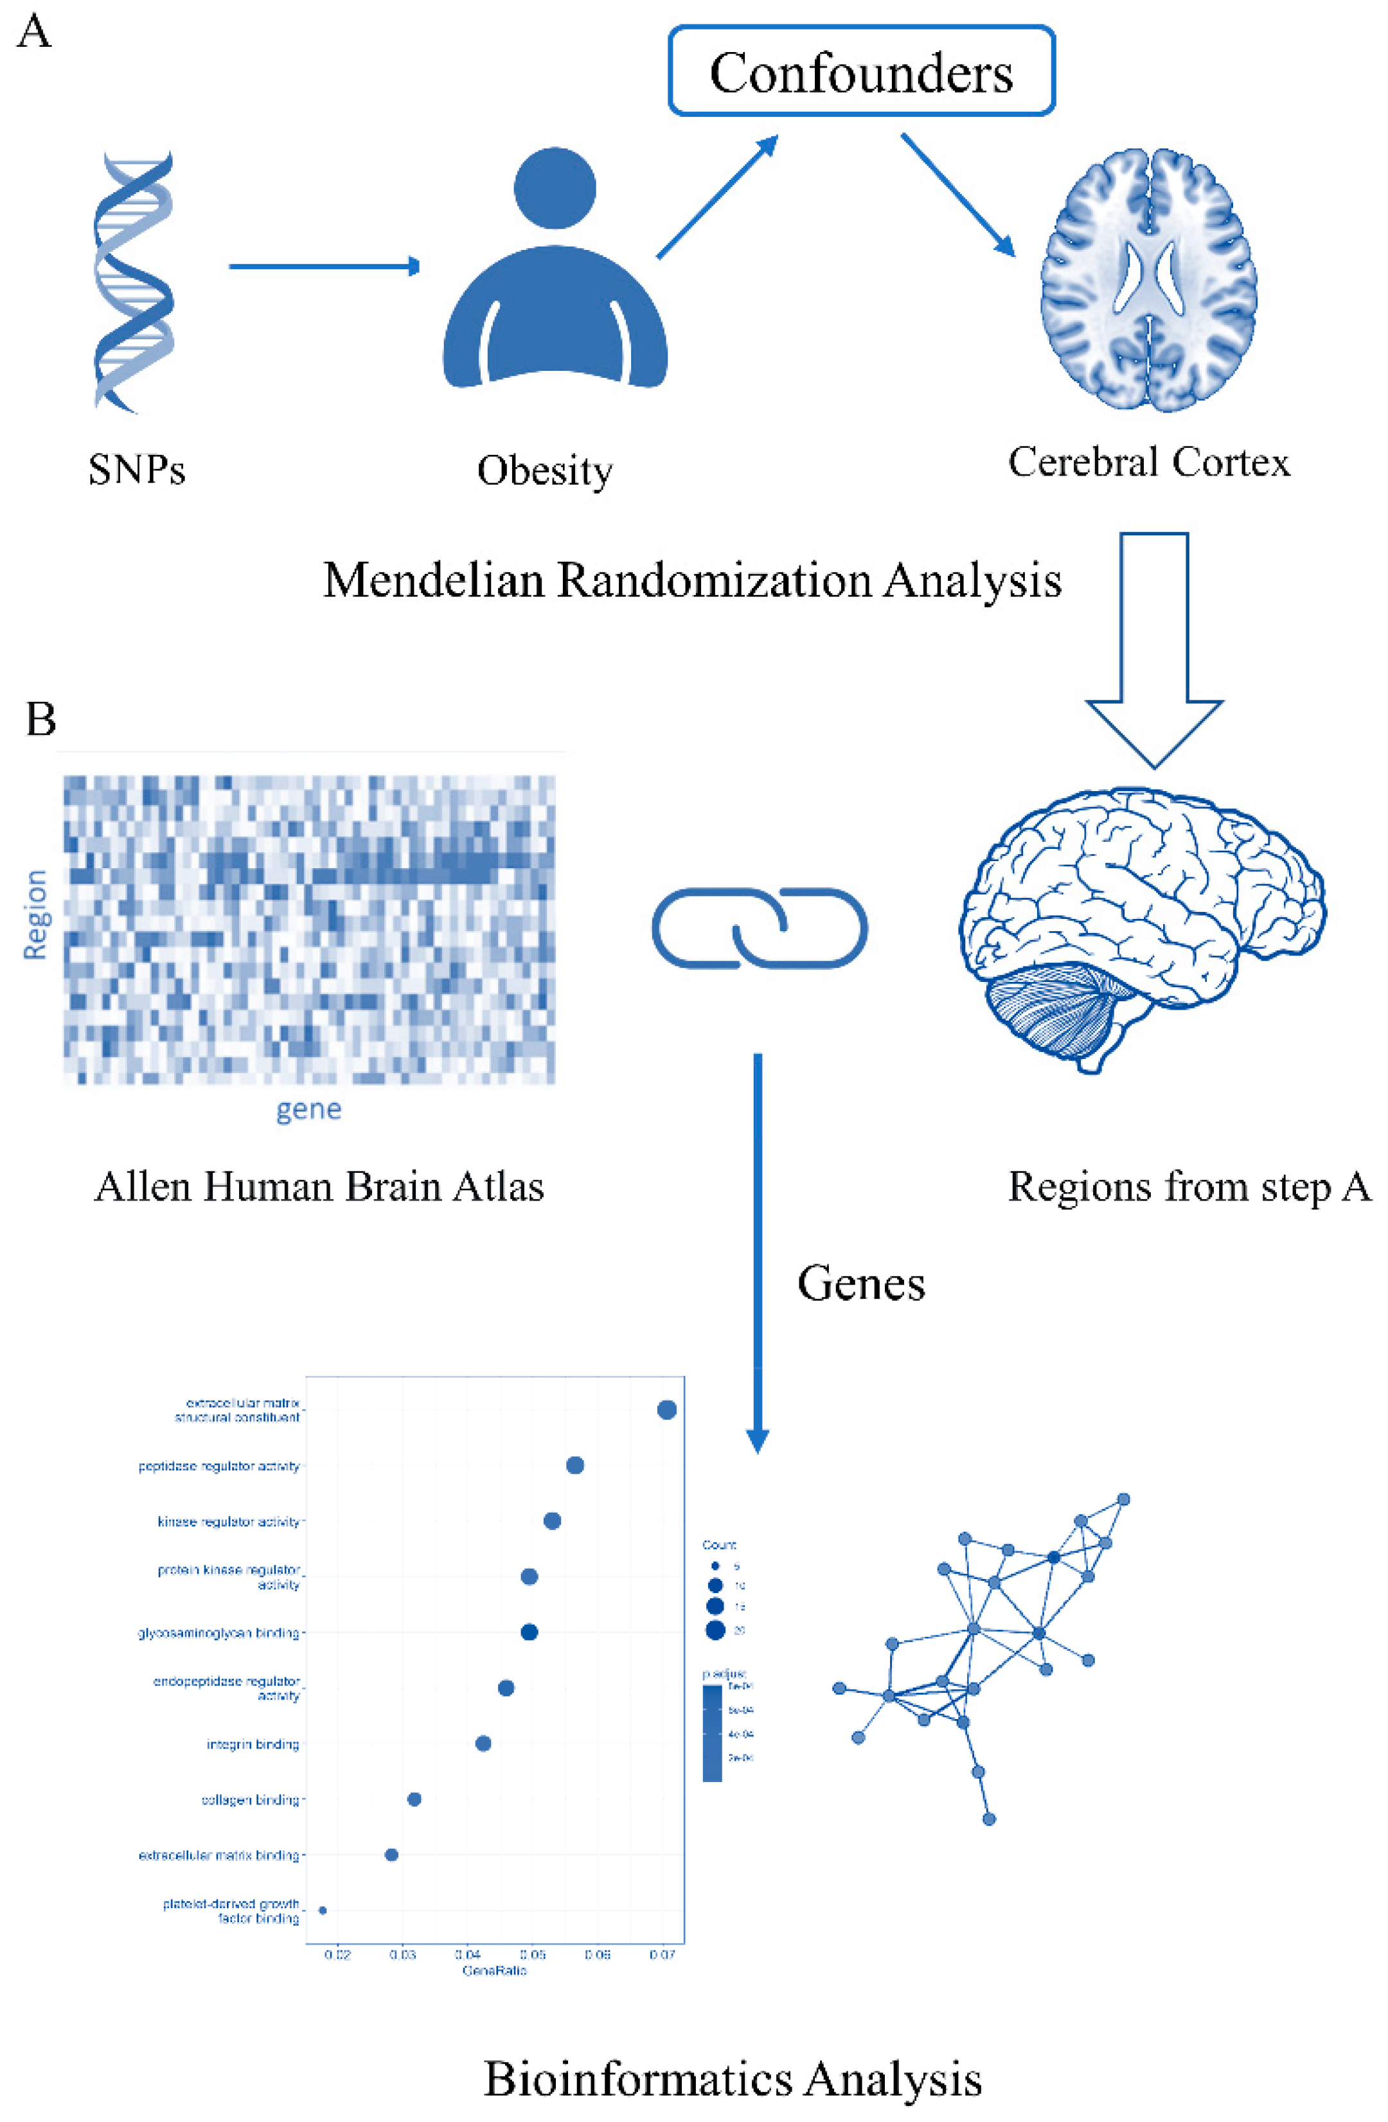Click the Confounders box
pos(860,71)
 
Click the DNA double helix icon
pos(134,281)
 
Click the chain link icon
pos(760,928)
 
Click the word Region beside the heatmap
pos(35,914)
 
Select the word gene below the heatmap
pos(308,1109)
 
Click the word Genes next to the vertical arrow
pos(860,1284)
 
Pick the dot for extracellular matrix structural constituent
pos(666,1409)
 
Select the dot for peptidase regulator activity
pos(575,1465)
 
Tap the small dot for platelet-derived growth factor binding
pos(323,1910)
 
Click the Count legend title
pos(718,1544)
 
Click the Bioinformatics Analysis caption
pos(732,2078)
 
